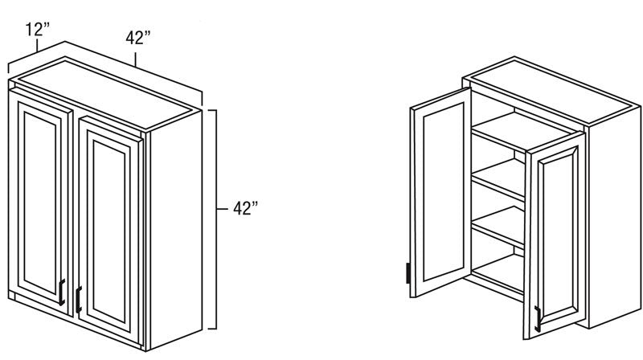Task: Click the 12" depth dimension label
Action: [37, 30]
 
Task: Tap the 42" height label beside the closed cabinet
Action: [246, 208]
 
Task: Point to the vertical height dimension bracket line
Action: [215, 219]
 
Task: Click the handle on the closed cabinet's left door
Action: [62, 292]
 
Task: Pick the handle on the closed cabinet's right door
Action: [79, 300]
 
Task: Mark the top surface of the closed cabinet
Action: [106, 93]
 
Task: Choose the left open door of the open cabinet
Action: [440, 192]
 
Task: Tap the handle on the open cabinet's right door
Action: [538, 319]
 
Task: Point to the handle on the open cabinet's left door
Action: [408, 273]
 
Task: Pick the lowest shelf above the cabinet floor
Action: [498, 226]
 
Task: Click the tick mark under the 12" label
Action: [37, 45]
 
